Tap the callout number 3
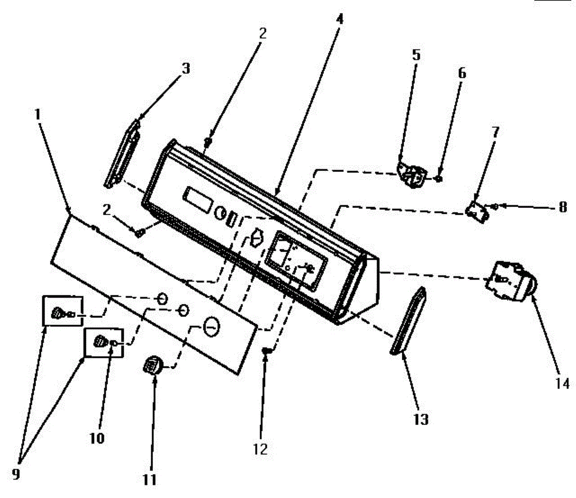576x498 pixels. [x=185, y=69]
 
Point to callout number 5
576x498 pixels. [x=416, y=55]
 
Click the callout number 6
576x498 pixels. [x=462, y=73]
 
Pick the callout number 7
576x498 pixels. [x=495, y=132]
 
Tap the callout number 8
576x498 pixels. [x=562, y=207]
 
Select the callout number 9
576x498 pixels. [x=16, y=474]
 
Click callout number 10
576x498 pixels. [x=97, y=438]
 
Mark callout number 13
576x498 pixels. [x=420, y=419]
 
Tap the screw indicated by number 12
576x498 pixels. [x=265, y=352]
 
